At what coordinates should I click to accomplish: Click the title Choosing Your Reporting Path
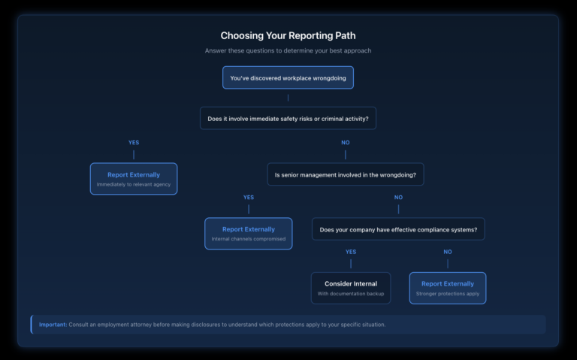coord(288,35)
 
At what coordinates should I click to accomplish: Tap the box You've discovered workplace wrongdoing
coord(288,77)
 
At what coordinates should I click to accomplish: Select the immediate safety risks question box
coord(288,118)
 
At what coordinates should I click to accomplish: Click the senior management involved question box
coord(345,174)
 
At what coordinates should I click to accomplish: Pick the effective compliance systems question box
coord(398,229)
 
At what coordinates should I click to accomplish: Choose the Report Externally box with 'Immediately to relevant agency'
coord(134,179)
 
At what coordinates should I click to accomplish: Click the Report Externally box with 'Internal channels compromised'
coord(249,234)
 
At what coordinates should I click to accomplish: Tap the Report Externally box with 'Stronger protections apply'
coord(448,288)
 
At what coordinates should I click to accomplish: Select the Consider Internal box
coord(351,288)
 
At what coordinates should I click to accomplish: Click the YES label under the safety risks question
coord(134,142)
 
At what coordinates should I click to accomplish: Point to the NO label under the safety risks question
coord(346,142)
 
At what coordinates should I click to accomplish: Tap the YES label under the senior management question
coord(249,197)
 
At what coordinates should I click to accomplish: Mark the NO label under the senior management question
coord(398,197)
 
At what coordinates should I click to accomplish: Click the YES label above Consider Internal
coord(350,252)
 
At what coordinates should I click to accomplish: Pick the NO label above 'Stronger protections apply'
coord(448,252)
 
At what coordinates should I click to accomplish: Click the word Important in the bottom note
coord(53,325)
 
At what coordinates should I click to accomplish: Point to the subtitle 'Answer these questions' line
coord(288,51)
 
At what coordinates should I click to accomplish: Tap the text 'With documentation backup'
coord(351,293)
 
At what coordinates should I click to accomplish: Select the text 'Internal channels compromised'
coord(249,239)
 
